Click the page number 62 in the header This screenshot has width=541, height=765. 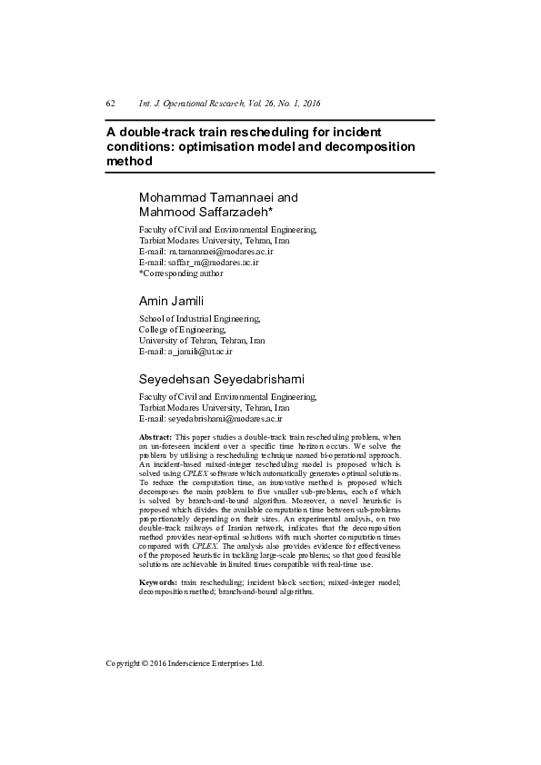coord(110,104)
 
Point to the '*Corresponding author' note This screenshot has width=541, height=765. coord(180,273)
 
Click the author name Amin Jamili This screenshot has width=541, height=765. coord(170,300)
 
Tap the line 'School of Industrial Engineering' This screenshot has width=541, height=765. coord(199,319)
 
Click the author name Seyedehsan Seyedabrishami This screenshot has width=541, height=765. coord(221,378)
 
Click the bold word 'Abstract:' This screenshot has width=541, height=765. coord(155,438)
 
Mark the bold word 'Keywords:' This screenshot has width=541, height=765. coord(157,581)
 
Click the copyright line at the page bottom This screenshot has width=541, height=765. coord(185,663)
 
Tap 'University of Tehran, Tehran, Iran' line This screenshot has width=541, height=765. coord(202,340)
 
